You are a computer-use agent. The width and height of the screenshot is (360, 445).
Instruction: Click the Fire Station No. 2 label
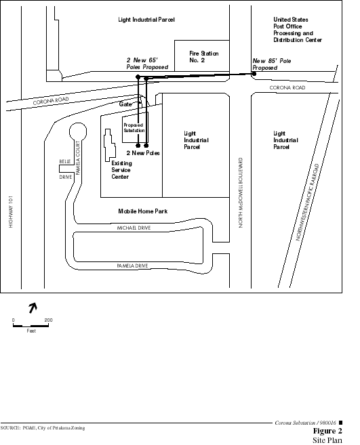203,57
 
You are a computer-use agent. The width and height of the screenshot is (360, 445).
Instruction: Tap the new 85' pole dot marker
254,74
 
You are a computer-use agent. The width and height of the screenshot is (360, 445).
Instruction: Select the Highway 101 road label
11,211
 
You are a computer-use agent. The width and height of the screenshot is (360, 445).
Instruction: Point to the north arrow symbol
33,308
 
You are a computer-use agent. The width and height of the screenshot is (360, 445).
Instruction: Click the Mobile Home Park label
142,211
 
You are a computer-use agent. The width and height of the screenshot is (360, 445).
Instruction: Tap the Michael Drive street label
134,228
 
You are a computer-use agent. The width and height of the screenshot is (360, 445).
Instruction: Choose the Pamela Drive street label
132,266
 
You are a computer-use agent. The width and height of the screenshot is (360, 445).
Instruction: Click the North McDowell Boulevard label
241,193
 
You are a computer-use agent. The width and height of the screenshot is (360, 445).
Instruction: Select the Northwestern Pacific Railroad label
308,202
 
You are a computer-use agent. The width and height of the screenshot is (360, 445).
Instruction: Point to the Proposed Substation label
134,128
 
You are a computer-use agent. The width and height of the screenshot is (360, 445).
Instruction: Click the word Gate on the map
125,104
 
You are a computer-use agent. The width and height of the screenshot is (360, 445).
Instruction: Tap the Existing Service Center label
121,170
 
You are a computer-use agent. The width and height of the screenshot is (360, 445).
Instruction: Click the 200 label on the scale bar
49,320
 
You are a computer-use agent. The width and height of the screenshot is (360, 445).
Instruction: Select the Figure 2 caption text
327,431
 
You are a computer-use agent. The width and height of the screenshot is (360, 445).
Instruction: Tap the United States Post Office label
298,30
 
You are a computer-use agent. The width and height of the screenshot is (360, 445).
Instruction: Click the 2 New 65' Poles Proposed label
147,64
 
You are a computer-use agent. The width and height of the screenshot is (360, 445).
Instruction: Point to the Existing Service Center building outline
110,145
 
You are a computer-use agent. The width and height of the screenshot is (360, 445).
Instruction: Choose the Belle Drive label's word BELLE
65,161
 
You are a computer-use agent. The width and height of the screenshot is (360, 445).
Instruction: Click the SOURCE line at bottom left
43,428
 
